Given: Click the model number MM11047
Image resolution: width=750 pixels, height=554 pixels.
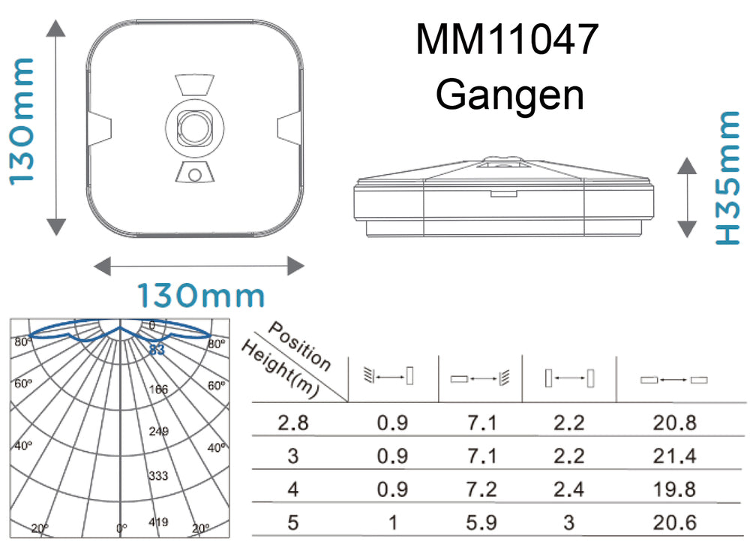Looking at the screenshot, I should coord(507,41).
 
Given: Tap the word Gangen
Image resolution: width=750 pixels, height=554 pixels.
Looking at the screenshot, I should coord(510,95).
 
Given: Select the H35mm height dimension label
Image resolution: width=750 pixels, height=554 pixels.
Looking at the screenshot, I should coord(727,177).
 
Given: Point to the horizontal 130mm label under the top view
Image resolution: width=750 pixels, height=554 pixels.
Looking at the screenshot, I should coord(200,296).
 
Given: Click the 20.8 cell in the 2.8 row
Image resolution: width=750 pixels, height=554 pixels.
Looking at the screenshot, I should coord(674,423).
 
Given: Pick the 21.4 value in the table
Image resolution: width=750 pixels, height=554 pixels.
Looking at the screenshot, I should coord(674,456).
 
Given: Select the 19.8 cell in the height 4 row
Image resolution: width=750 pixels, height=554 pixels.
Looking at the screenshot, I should coord(674,489).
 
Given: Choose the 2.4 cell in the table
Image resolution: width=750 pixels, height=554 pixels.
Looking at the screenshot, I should coord(568,489).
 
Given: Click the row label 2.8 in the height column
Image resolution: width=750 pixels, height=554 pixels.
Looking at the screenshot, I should coord(293,423).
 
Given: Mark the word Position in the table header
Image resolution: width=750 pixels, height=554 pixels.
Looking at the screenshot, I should coord(299,346).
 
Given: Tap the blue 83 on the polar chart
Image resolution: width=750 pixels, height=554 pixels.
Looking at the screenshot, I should coord(157,349).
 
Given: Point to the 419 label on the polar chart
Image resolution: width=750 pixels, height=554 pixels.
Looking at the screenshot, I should coord(158,521).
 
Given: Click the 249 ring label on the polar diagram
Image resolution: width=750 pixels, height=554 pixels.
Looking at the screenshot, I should coord(158,432).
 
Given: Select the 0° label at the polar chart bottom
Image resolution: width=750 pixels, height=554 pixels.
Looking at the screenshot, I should coord(122,528).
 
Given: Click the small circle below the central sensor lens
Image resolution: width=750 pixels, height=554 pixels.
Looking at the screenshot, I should coord(195,174).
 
